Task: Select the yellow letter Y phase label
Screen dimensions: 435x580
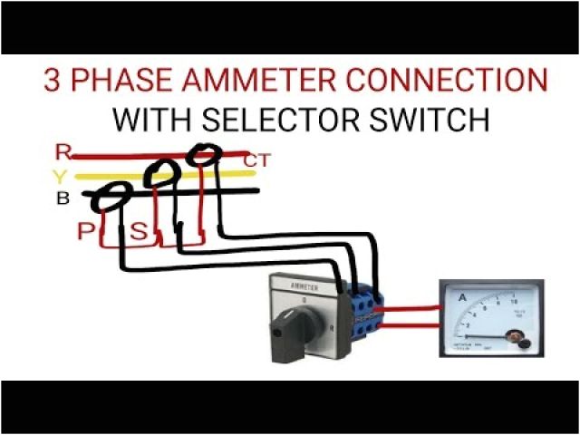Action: pos(61,176)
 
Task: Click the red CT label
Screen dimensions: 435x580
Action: pos(257,161)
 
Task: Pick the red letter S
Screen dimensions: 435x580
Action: pos(139,232)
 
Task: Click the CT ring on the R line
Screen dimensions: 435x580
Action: pos(205,155)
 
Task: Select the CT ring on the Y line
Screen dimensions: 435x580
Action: pos(160,172)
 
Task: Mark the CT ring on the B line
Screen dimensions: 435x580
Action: pos(115,195)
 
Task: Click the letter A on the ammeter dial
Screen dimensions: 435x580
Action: pos(462,296)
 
